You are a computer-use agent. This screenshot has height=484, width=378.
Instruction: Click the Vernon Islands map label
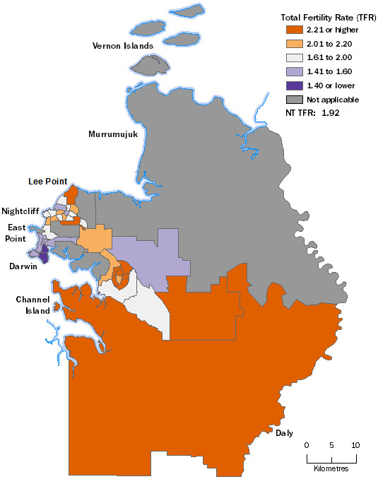coord(123,46)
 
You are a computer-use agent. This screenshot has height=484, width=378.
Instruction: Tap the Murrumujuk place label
coord(112,134)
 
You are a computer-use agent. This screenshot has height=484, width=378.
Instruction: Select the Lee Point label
coord(47,181)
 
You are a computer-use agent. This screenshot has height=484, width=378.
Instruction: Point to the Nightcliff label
coord(20,211)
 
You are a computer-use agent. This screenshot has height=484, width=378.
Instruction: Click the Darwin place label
coord(23,267)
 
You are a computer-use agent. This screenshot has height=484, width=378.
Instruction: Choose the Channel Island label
coord(33,305)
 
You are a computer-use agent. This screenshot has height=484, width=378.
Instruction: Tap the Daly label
coord(285,432)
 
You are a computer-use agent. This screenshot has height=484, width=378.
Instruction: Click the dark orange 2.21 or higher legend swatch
coord(293,30)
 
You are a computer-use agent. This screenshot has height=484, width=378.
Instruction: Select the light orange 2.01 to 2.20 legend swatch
coord(293,43)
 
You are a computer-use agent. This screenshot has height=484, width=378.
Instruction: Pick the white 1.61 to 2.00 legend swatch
coord(293,57)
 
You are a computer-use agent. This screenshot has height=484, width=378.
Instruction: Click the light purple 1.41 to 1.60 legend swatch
coord(293,71)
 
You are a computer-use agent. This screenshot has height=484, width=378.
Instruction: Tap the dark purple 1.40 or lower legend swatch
coord(293,85)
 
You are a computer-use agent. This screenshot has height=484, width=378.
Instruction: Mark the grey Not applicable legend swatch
coord(293,100)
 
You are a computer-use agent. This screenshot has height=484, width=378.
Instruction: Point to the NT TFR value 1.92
coord(331,112)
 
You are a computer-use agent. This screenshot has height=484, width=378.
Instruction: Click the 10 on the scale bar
coord(355,445)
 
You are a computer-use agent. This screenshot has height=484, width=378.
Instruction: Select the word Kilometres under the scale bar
coord(331,468)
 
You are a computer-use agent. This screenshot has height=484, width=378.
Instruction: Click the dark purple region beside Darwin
coord(42,254)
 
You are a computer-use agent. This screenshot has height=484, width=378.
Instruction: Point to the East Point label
coord(18,232)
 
